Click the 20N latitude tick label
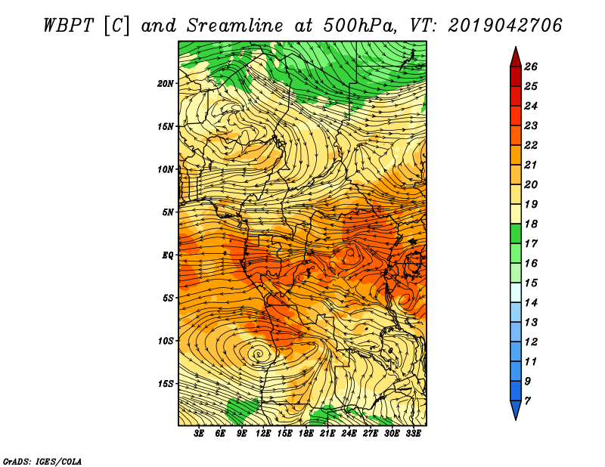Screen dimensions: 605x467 (165, 83)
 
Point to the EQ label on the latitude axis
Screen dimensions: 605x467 (167, 255)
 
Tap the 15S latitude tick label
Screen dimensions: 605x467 (165, 384)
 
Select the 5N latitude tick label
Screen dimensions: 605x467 (167, 212)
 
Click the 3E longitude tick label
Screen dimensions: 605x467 (199, 434)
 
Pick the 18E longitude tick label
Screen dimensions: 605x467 (306, 434)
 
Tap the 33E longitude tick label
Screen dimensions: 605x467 (413, 434)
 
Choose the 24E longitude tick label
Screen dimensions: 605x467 (349, 434)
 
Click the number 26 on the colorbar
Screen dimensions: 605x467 (531, 66)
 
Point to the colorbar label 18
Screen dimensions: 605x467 (531, 224)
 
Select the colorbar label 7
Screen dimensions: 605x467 (527, 401)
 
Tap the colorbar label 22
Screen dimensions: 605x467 (531, 145)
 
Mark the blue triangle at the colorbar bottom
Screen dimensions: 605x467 (516, 409)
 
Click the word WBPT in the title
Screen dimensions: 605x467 (69, 26)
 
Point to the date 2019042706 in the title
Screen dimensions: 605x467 (505, 26)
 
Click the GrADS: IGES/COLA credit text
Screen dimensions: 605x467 (42, 461)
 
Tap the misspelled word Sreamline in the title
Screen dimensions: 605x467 (235, 26)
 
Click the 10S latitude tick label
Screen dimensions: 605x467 (165, 341)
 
